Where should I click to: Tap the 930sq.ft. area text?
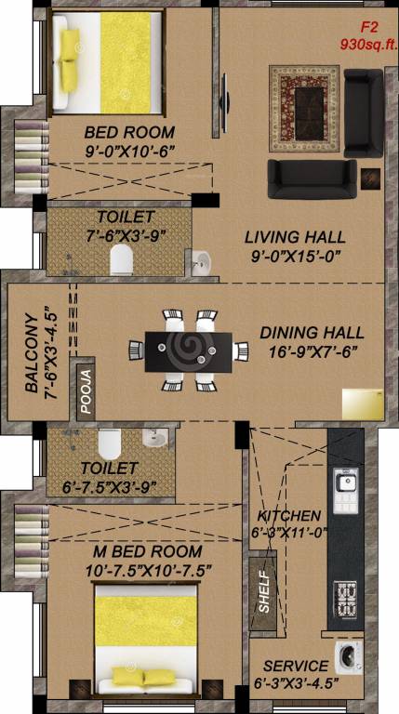[367, 44]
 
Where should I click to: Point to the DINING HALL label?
[312, 332]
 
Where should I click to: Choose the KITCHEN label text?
[288, 515]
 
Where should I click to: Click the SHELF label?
[263, 591]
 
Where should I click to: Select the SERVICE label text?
[295, 666]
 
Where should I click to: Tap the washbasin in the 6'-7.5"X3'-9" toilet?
[155, 437]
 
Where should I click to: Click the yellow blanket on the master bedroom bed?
[145, 634]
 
